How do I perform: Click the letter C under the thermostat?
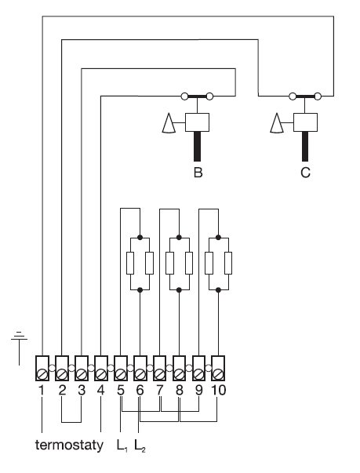pos(305,173)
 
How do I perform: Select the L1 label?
pos(120,446)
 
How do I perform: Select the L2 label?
pos(140,446)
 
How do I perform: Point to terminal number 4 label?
pos(100,390)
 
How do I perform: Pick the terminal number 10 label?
pos(218,390)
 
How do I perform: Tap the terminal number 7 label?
pos(159,390)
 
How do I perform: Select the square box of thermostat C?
pos(304,122)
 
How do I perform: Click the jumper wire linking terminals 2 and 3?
pos(71,417)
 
